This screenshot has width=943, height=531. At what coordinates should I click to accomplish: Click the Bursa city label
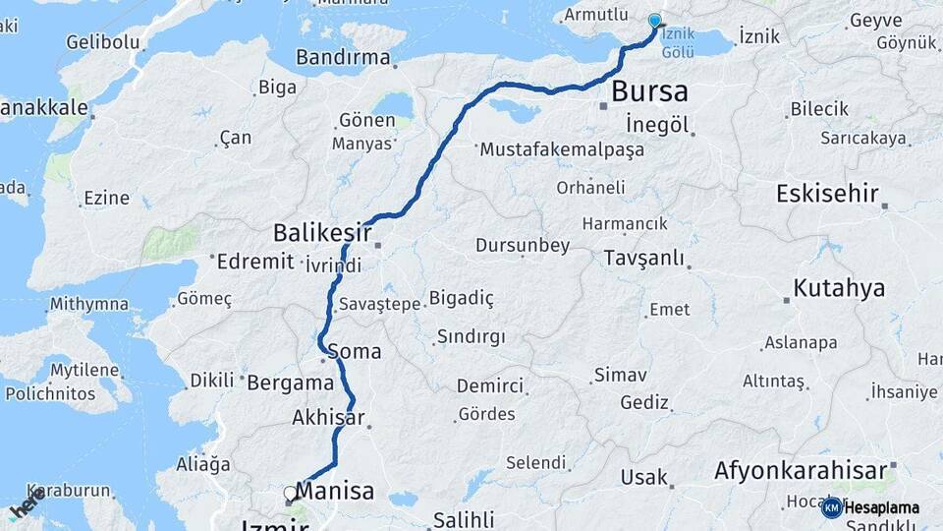[649, 92]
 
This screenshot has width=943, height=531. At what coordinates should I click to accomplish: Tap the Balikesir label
[322, 234]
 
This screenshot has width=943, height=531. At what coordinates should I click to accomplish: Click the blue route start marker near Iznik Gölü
[655, 21]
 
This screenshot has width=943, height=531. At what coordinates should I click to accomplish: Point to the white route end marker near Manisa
[290, 493]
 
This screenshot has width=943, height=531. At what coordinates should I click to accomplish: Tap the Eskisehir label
[827, 193]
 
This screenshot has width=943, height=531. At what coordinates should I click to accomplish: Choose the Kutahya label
[840, 288]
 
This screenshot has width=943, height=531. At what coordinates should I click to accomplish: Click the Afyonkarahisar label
[800, 470]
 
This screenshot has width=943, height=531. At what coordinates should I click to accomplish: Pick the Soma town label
[354, 351]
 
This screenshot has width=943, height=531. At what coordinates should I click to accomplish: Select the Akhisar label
[328, 418]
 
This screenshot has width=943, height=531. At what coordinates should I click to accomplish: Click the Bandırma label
[343, 57]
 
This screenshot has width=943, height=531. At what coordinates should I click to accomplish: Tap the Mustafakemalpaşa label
[562, 150]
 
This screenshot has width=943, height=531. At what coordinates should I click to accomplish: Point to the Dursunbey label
[523, 246]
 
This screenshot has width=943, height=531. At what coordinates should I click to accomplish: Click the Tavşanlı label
[645, 258]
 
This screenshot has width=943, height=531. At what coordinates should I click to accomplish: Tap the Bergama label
[291, 383]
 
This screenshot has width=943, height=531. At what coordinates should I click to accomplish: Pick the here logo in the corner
[28, 503]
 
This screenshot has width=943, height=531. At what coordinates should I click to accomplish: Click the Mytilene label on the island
[83, 372]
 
